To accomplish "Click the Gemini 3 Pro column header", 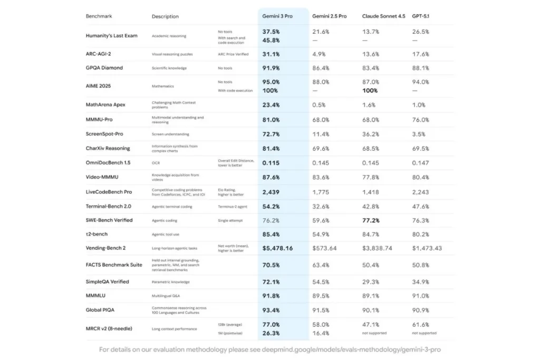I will [x=277, y=16].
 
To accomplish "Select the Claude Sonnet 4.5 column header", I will [x=383, y=16].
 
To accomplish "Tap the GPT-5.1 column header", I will [x=421, y=16].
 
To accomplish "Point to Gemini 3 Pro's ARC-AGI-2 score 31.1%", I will [x=271, y=54].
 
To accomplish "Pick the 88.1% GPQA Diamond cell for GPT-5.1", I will [x=420, y=67].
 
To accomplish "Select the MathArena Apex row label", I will [x=105, y=104].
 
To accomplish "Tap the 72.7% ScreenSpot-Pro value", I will [x=271, y=134].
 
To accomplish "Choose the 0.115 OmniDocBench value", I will [x=271, y=162].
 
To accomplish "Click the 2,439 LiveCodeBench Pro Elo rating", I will [x=271, y=191].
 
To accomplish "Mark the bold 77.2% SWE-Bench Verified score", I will [x=371, y=220].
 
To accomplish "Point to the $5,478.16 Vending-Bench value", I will [x=278, y=248].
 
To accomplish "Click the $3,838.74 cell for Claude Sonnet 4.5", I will [x=377, y=248].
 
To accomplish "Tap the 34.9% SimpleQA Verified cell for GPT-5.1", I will [x=420, y=281].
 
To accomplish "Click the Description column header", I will [x=165, y=16].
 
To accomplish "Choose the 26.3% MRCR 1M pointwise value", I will [x=271, y=333].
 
